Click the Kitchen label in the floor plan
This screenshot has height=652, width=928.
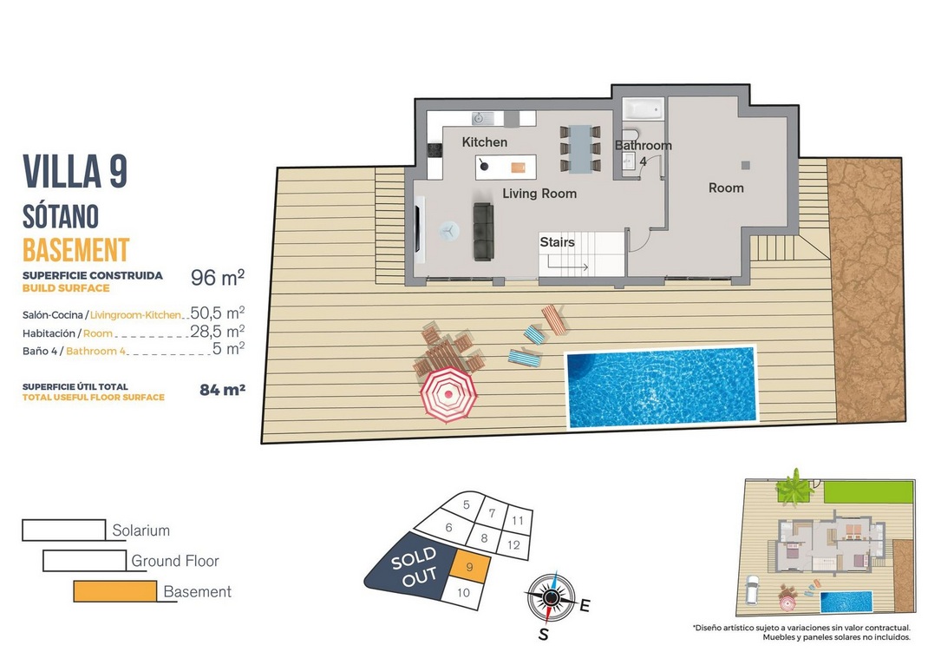pyautogui.click(x=484, y=142)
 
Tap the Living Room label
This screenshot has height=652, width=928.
pyautogui.click(x=539, y=193)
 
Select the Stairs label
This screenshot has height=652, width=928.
pyautogui.click(x=557, y=241)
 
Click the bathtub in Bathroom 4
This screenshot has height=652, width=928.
pyautogui.click(x=644, y=109)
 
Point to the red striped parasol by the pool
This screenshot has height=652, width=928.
pyautogui.click(x=448, y=395)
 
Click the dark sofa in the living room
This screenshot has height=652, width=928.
pyautogui.click(x=483, y=232)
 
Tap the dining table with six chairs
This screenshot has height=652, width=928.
pyautogui.click(x=580, y=148)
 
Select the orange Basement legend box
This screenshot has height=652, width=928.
pyautogui.click(x=114, y=591)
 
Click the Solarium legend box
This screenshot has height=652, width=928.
pyautogui.click(x=64, y=530)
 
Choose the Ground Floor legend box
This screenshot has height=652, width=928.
pyautogui.click(x=85, y=561)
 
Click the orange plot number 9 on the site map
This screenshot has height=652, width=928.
pyautogui.click(x=470, y=567)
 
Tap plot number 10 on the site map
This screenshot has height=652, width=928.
pyautogui.click(x=463, y=592)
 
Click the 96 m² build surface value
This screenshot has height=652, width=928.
pyautogui.click(x=217, y=277)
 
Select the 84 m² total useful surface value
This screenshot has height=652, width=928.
pyautogui.click(x=223, y=389)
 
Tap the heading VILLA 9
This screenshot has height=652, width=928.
pyautogui.click(x=75, y=172)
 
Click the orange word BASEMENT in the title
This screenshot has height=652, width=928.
pyautogui.click(x=75, y=250)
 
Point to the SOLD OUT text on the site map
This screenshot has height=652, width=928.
pyautogui.click(x=415, y=567)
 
